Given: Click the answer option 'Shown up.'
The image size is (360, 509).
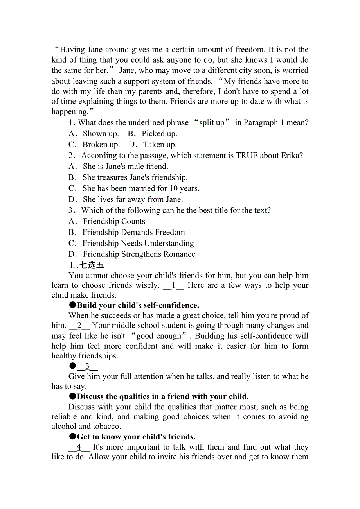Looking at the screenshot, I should point(101,134).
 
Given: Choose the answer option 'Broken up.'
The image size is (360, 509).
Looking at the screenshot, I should point(101,145).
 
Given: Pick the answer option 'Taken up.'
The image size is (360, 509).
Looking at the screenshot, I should point(160,145).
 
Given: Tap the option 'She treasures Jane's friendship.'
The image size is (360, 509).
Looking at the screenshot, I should point(135,177).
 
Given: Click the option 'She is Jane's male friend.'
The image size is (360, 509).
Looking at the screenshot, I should point(125,167).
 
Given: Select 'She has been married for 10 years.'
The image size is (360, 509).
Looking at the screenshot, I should point(141,188).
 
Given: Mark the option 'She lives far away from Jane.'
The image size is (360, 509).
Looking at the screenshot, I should point(133,199).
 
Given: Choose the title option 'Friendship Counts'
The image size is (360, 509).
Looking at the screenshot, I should point(114,221).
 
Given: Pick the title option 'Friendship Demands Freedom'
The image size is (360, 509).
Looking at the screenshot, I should point(133,232).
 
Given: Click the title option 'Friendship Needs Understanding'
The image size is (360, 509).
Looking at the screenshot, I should point(138,243).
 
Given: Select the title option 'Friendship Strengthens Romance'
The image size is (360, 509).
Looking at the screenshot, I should point(139,254).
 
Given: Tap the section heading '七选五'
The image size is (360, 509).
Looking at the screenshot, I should point(92,265).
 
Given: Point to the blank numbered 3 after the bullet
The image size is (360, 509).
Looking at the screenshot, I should point(87,366).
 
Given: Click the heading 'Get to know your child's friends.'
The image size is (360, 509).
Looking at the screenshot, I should point(136,437).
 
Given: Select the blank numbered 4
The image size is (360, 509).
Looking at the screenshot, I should point(79,447).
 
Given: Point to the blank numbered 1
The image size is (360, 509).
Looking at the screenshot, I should point(173,285).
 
